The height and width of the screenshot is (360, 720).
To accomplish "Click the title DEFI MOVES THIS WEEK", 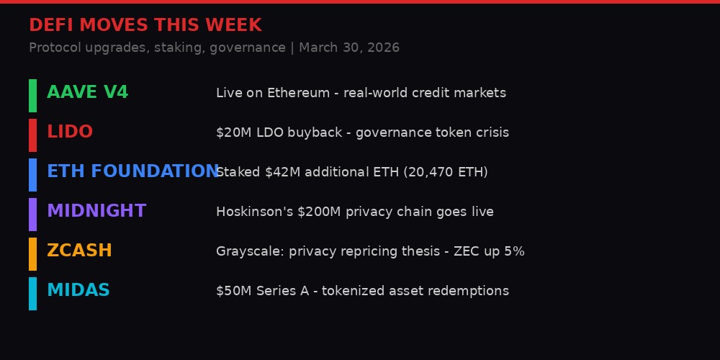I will pos(145,26).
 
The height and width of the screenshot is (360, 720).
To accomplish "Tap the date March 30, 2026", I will pos(349,48).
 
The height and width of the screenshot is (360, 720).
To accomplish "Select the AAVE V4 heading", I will pos(87,93).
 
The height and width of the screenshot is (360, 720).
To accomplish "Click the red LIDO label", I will pos(70,132).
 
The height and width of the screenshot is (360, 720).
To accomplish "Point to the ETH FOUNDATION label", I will pos(132,172).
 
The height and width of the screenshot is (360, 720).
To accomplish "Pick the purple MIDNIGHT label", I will pos(96,212).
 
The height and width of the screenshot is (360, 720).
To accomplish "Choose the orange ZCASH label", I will pos(79,251).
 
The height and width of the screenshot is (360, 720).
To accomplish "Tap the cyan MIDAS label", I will pos(78,291).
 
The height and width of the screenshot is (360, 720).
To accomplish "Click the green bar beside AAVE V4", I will pos(32,96).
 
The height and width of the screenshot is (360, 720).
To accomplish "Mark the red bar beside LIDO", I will pos(32,135).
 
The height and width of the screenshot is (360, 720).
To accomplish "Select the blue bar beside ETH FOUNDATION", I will pos(32,175).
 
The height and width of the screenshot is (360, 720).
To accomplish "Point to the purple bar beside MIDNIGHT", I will pos(32,215).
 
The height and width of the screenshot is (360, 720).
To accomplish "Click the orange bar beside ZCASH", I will pos(32,254).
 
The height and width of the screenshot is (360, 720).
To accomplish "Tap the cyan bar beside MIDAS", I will pos(32,294).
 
